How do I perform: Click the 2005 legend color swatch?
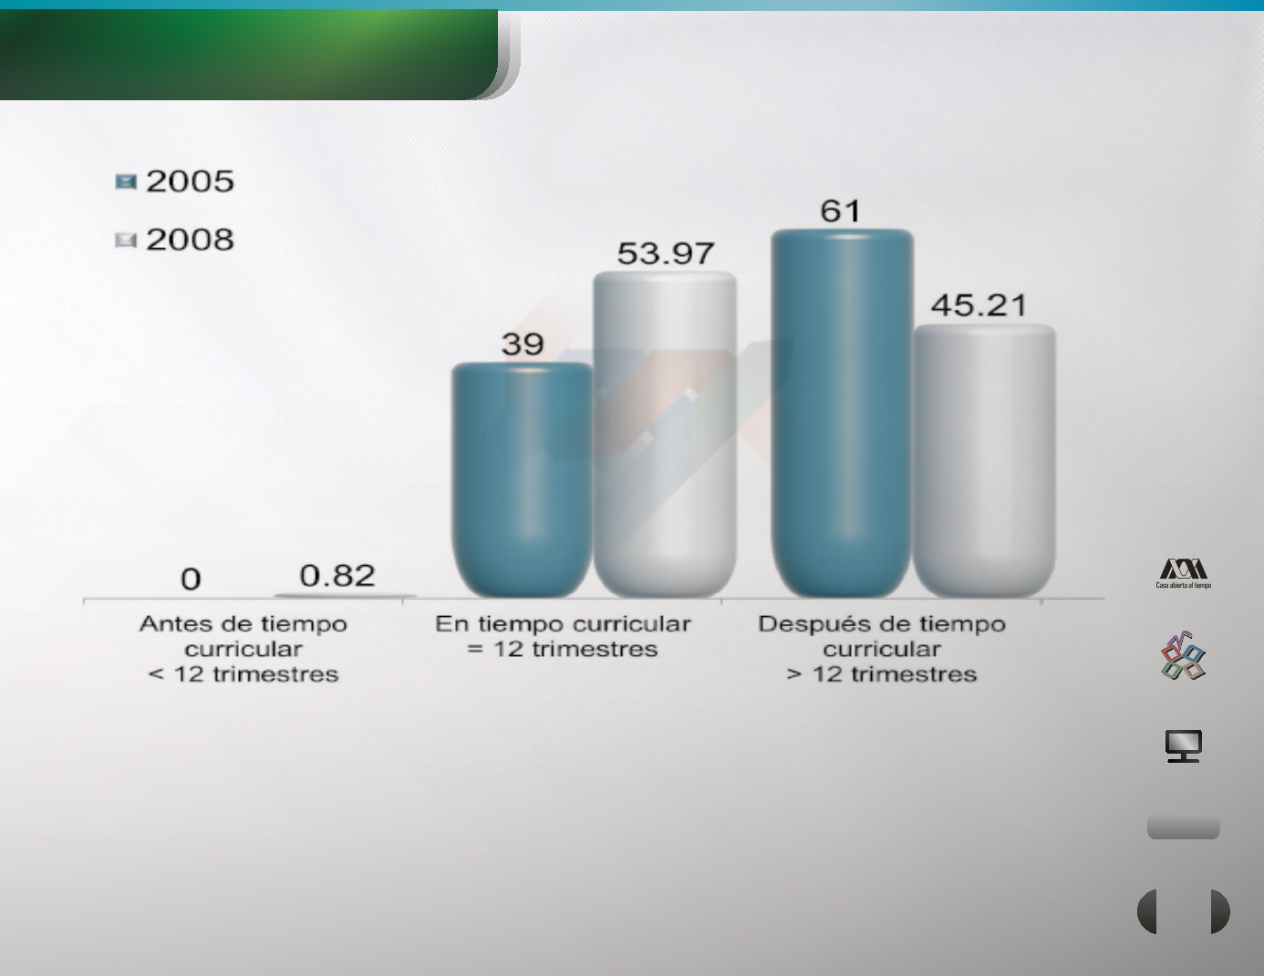[x=126, y=182]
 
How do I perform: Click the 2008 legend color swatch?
[x=126, y=240]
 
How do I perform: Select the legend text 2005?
[x=191, y=181]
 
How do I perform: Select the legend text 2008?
[x=191, y=240]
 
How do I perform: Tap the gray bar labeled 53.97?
[x=665, y=434]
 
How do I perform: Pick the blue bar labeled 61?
[x=843, y=413]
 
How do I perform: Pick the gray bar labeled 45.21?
[x=984, y=461]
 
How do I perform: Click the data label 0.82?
[x=337, y=576]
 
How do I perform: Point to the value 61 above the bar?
[x=841, y=211]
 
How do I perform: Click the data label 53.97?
[x=666, y=254]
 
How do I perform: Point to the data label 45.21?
[x=979, y=306]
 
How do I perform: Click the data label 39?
[x=523, y=344]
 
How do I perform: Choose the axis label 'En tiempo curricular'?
[x=563, y=624]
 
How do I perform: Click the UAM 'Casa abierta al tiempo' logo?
[x=1183, y=574]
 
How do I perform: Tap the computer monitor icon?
[x=1184, y=745]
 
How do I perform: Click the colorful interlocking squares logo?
[x=1183, y=655]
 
